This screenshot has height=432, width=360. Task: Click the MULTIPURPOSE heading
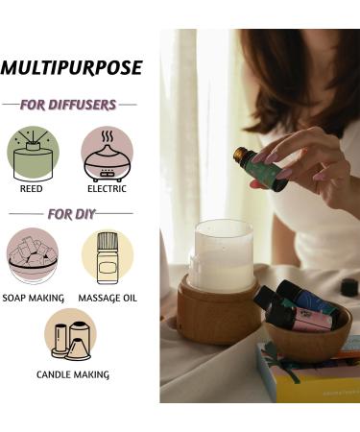(71, 68)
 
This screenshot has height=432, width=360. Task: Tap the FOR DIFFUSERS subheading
(69, 104)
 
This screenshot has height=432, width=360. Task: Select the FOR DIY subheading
(70, 213)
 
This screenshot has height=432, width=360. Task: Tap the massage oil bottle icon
(107, 254)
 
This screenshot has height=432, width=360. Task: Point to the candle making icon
(69, 333)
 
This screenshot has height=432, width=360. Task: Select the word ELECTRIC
(107, 189)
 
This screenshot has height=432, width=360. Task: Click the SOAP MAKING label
(34, 298)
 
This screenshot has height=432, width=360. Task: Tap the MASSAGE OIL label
(108, 298)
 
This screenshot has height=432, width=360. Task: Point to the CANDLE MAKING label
(72, 374)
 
